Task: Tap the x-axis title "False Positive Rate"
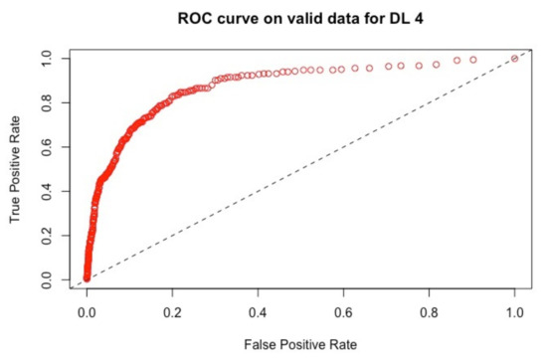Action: (299, 342)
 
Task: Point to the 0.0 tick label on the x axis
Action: (87, 313)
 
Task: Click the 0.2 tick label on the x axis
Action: (172, 313)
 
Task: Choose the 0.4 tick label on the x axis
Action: (258, 313)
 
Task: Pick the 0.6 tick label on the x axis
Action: (343, 313)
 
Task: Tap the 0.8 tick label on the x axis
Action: (429, 313)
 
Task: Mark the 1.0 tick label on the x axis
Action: (514, 313)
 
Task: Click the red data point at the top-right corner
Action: (514, 59)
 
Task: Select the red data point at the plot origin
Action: (87, 277)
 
